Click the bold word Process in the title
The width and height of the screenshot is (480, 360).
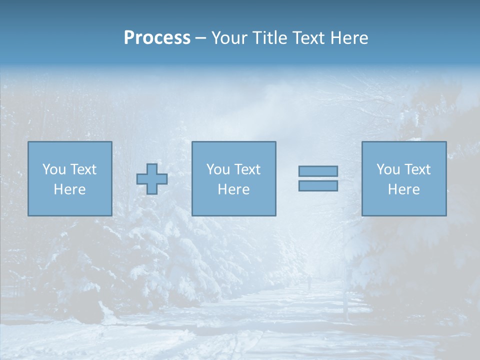157,38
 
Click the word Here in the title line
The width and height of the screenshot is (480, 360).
349,38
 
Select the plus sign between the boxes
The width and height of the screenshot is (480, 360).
152,178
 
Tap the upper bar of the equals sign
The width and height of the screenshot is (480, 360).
318,171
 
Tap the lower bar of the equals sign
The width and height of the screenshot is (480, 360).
318,185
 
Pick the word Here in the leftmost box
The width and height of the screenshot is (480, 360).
69,189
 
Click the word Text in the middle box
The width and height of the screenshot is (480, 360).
247,169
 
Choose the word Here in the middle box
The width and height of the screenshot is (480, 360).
233,189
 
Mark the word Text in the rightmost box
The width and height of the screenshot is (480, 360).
417,169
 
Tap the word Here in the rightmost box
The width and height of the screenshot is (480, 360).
403,189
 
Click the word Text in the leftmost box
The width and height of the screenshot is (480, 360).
83,169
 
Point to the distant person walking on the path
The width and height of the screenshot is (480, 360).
309,284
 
